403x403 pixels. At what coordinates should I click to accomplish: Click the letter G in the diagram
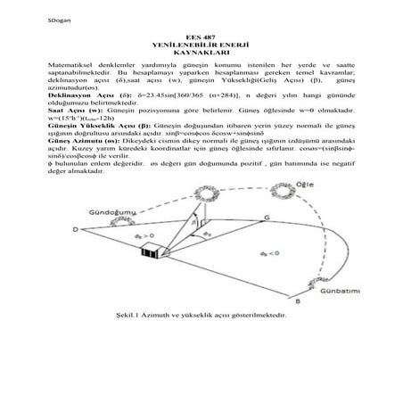[x=267, y=216]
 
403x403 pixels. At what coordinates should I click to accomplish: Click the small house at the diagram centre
[x=152, y=251]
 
